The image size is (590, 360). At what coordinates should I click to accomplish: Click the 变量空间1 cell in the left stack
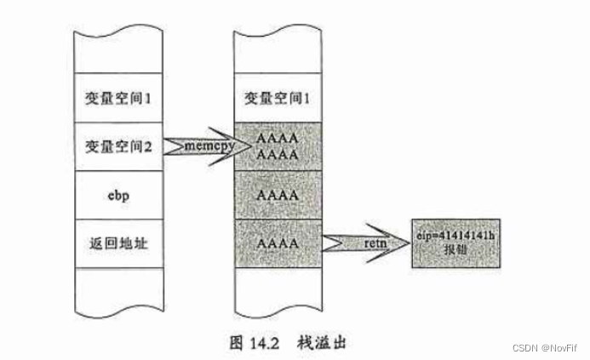[118, 98]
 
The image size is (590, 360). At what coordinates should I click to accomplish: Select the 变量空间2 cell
[118, 146]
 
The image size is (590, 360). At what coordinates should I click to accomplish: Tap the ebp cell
[118, 194]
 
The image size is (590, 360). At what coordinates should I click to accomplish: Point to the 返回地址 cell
[118, 244]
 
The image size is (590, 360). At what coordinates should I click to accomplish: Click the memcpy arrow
[198, 147]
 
